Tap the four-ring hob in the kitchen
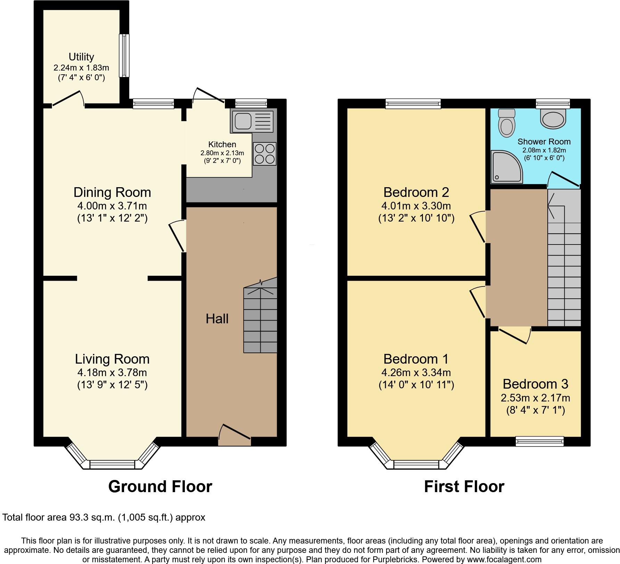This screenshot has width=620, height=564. tap(264, 154)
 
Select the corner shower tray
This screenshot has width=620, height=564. tap(506, 167)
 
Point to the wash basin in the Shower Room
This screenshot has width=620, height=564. tap(554, 118)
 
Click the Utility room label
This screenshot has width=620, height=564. tap(81, 57)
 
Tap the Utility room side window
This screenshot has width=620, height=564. tap(124, 55)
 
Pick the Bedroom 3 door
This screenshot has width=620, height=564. tap(514, 335)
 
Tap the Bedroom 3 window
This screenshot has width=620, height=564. tap(539, 441)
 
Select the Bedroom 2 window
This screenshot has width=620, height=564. tap(413, 103)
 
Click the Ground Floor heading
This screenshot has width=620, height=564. tap(160, 487)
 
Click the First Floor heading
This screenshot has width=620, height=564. tap(464, 487)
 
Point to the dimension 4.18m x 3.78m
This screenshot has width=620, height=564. tap(112, 373)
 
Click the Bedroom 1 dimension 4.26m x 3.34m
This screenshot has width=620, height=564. tap(416, 373)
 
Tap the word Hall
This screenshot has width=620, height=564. tap(217, 319)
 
